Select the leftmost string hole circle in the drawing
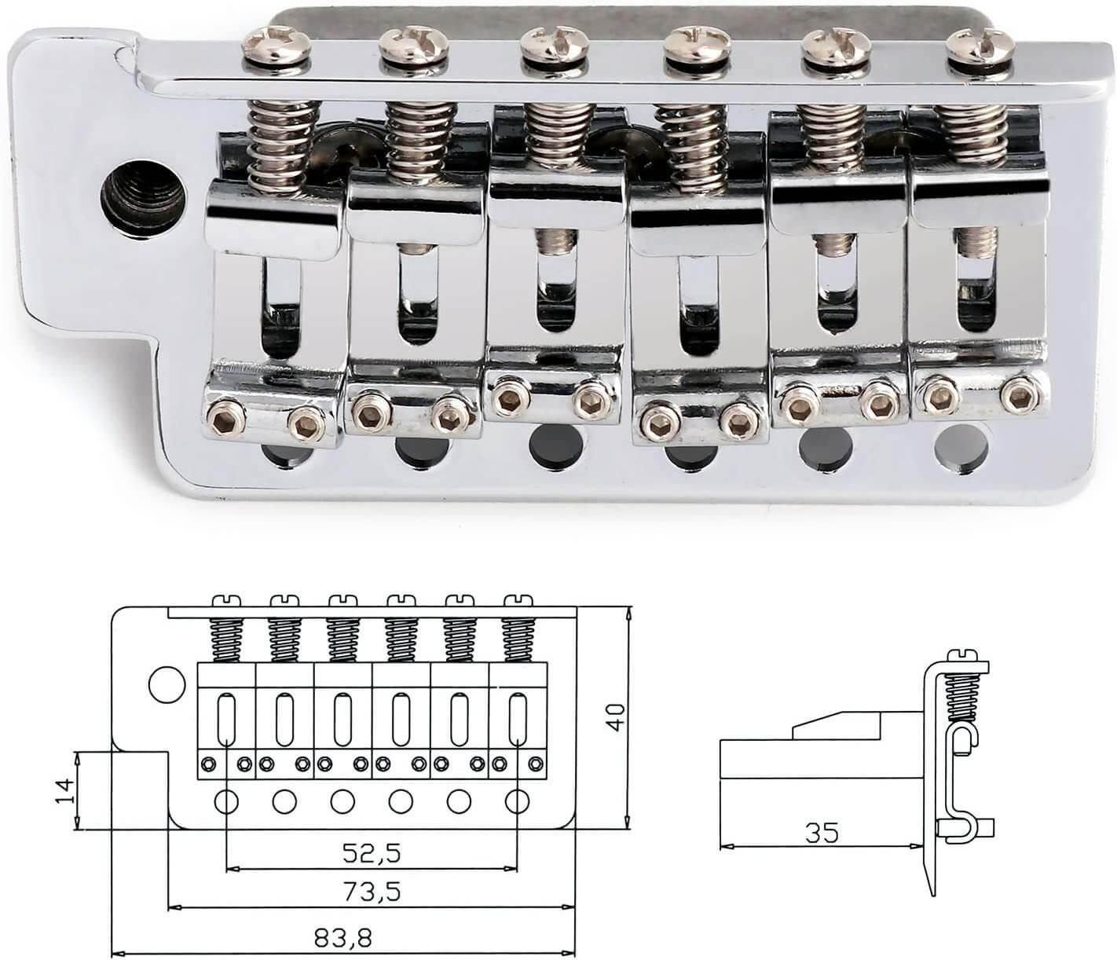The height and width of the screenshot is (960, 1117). [226, 801]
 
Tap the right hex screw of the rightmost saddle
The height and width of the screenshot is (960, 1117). [1020, 390]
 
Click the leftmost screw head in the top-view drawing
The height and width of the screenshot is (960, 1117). [225, 602]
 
